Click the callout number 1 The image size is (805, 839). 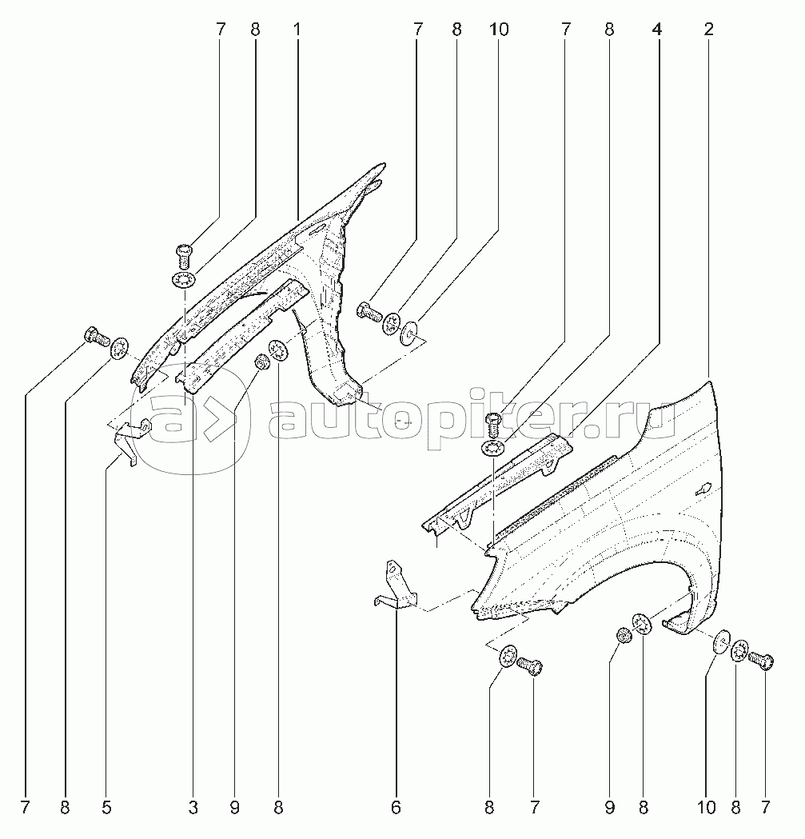pos(297,30)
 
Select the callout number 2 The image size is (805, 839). pos(708,30)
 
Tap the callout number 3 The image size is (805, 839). pos(193,808)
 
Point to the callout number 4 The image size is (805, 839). pos(657,30)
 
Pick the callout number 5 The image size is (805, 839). pos(106,808)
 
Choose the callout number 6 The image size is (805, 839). pos(396,808)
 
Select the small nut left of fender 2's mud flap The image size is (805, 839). pos(624,636)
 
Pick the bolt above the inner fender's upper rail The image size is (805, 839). pos(183,255)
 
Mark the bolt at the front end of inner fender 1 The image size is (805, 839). pos(93,336)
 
